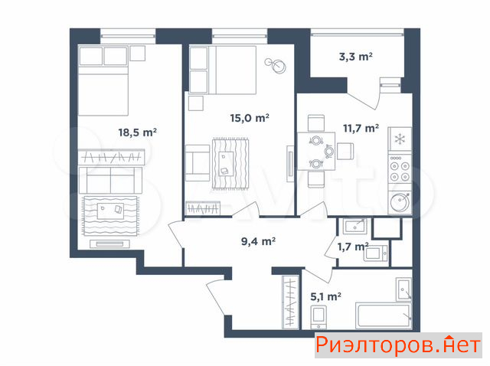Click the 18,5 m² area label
(x=138, y=132)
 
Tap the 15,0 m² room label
(x=250, y=118)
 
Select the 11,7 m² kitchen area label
(x=361, y=128)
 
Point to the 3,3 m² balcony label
(x=355, y=57)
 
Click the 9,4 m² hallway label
(x=258, y=241)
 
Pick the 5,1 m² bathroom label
(x=325, y=296)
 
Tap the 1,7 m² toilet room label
(x=353, y=247)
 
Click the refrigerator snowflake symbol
(x=400, y=139)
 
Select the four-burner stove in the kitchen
(x=400, y=168)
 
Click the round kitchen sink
(x=400, y=203)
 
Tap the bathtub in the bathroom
(x=384, y=315)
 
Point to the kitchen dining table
(x=316, y=152)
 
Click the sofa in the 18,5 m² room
(x=110, y=180)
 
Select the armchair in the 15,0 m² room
(x=198, y=163)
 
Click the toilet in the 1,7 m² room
(x=375, y=252)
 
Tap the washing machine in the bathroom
(x=318, y=317)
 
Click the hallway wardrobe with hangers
(x=291, y=302)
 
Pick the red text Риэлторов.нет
(x=398, y=345)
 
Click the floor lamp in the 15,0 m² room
(x=276, y=65)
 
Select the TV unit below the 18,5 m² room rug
(x=109, y=243)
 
